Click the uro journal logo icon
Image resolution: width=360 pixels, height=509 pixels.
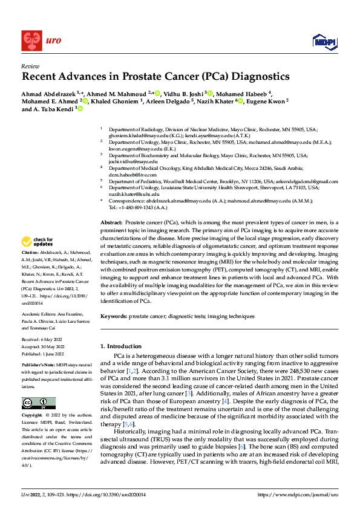(x=31, y=41)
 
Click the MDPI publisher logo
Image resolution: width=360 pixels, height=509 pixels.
(x=322, y=41)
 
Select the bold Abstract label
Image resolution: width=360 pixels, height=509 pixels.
(x=112, y=223)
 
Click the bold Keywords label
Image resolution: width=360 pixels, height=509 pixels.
(x=114, y=316)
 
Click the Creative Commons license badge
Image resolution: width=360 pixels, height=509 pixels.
(x=39, y=386)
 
